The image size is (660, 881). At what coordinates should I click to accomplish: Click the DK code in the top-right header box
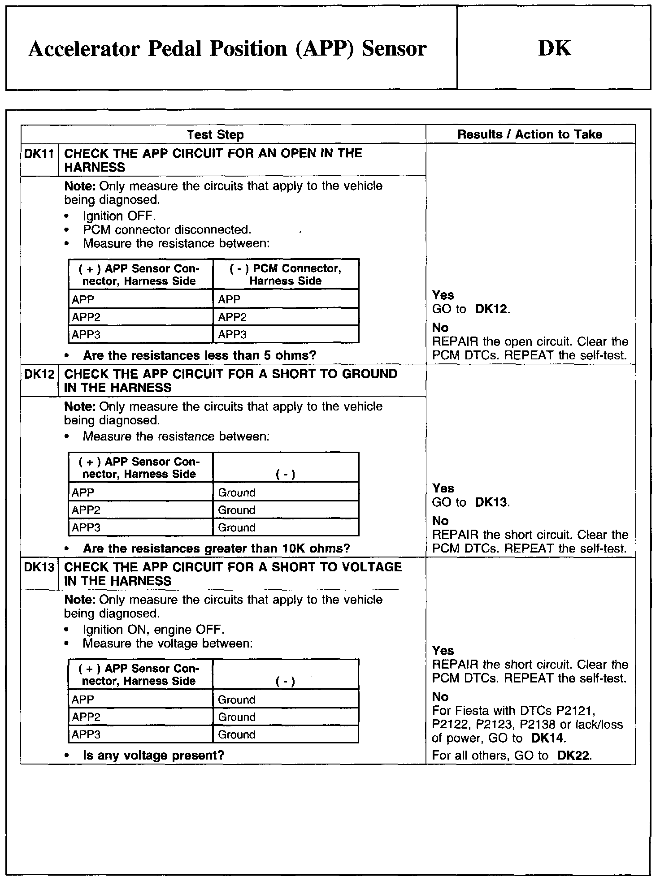pos(554,48)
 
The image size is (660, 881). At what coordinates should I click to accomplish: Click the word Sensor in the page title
pos(394,48)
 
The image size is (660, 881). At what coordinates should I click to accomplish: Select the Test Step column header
pos(215,134)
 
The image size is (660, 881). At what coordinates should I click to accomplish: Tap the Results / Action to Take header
pos(530,134)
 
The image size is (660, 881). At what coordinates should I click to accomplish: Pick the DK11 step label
pos(39,154)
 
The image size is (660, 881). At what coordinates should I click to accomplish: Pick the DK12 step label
pos(39,374)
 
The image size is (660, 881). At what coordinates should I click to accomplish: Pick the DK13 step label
pos(39,567)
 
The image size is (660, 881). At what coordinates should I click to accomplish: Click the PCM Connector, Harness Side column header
pos(286,274)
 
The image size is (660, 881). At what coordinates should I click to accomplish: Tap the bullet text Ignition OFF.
pos(119,216)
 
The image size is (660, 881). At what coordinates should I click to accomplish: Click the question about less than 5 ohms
pos(200,356)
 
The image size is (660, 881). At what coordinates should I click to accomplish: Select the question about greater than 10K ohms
pos(217,549)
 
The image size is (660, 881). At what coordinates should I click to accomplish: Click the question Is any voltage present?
pos(153,756)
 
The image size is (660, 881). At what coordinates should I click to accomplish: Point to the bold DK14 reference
pos(548,738)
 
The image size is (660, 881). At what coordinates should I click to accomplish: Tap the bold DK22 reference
pos(574,756)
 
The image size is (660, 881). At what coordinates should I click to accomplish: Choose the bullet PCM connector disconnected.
pos(167,230)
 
